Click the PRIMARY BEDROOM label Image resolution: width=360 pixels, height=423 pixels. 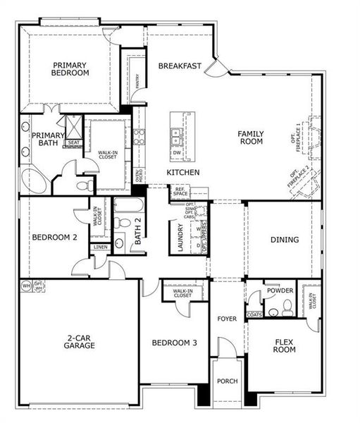click(x=70, y=68)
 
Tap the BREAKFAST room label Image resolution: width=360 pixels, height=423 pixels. click(x=180, y=66)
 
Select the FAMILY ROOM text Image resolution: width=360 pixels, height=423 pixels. click(x=250, y=137)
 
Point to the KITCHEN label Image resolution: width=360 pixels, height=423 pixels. click(x=183, y=173)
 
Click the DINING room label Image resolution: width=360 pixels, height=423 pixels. click(x=285, y=240)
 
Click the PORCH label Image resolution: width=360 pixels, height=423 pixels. click(x=228, y=381)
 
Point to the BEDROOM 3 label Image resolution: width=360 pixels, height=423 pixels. click(x=175, y=343)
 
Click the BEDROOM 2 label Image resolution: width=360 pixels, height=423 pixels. click(x=54, y=238)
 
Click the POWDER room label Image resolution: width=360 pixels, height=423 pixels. click(x=279, y=290)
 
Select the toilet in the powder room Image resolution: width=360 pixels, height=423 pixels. click(x=286, y=307)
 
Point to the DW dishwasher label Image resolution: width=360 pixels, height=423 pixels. click(x=178, y=152)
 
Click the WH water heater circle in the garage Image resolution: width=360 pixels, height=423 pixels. click(x=26, y=286)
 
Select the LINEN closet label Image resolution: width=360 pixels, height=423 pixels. click(x=99, y=247)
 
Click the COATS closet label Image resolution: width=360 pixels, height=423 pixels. click(x=254, y=314)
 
